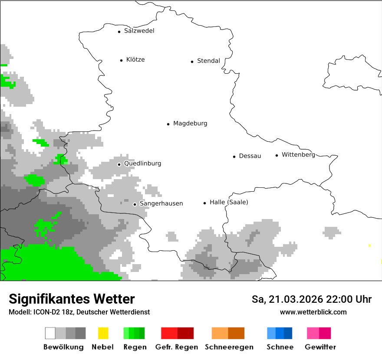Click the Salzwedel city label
[139, 31]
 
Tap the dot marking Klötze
[121, 60]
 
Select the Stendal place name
[208, 61]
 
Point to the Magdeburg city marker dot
[168, 124]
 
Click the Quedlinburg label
[142, 164]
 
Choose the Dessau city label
[250, 156]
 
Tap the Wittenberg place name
[298, 155]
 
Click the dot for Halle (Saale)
[204, 203]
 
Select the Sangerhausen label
[161, 203]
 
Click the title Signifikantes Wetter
[72, 299]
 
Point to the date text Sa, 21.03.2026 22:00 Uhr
[311, 299]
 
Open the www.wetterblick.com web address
[313, 312]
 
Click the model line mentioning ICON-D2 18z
[79, 312]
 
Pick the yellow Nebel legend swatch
[103, 333]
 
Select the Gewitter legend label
[320, 347]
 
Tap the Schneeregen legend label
[229, 347]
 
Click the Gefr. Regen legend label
[176, 347]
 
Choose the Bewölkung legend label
[63, 347]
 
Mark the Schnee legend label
[280, 347]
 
